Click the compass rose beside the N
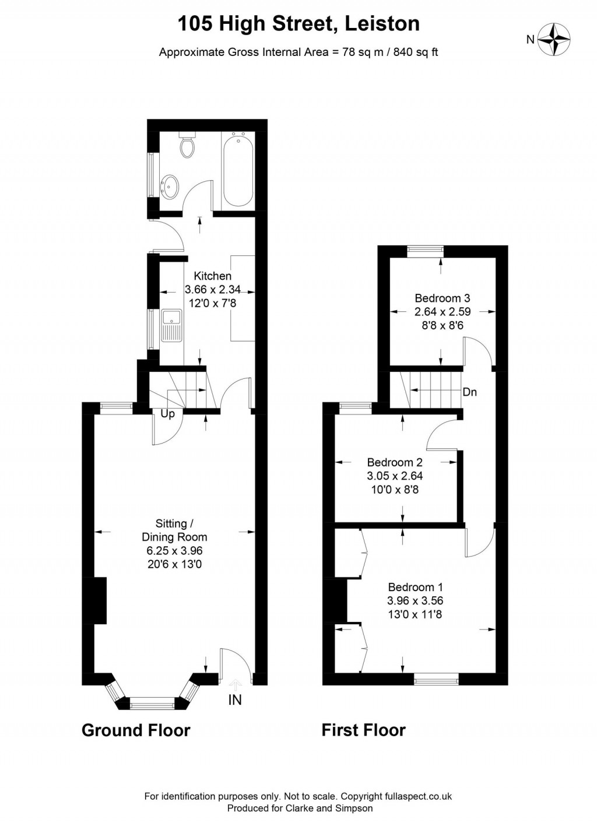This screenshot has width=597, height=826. pos(553,40)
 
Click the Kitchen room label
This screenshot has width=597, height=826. pos(213,276)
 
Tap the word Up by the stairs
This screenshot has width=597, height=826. pos(167,414)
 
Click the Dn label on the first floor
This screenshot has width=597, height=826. pos(469,392)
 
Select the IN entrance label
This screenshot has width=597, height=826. pos(235,700)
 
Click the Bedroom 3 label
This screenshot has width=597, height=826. pos(443,298)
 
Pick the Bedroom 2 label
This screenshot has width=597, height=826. pos(395,462)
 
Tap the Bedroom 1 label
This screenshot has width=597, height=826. pos(415,587)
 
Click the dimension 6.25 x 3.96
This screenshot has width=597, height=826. pos(174,550)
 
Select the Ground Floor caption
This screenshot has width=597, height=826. pos(136,730)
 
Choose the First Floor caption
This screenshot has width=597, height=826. pos(363,730)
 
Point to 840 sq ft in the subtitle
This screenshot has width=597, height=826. pos(416,52)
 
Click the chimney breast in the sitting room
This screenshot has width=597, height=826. pos(100,600)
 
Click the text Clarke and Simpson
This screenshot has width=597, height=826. pos(329,808)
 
